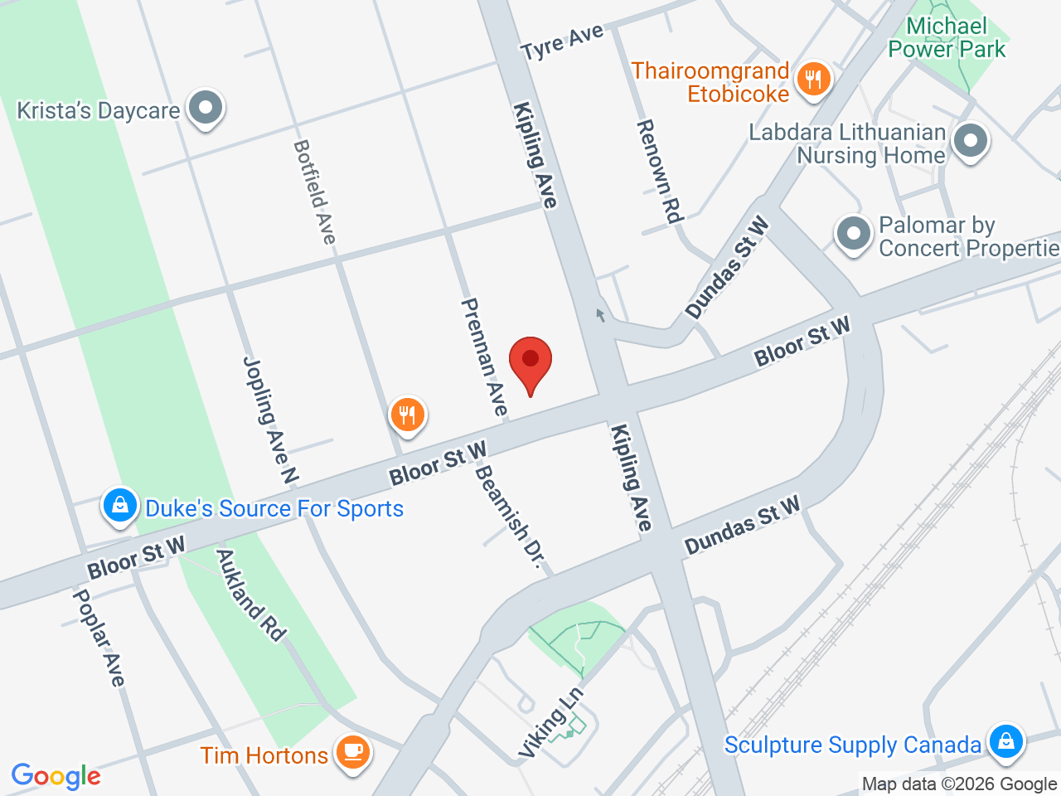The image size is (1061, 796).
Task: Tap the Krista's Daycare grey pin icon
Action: [205, 108]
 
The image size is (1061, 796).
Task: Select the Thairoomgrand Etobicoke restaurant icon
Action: [813, 80]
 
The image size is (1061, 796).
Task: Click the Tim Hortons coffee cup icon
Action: [353, 752]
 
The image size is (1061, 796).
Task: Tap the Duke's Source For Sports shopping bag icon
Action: [120, 505]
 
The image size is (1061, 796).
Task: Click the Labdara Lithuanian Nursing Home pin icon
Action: [970, 140]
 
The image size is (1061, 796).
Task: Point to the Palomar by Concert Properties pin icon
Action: [853, 233]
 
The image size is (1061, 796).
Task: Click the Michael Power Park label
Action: [947, 38]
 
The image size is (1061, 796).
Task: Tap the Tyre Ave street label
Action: [562, 42]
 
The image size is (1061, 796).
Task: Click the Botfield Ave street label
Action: [316, 192]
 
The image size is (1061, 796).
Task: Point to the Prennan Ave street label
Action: [483, 357]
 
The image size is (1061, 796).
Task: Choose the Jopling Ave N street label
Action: [270, 420]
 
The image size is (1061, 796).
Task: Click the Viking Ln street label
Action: [550, 722]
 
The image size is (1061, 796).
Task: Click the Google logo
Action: [56, 777]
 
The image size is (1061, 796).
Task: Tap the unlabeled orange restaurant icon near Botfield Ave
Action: [407, 414]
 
